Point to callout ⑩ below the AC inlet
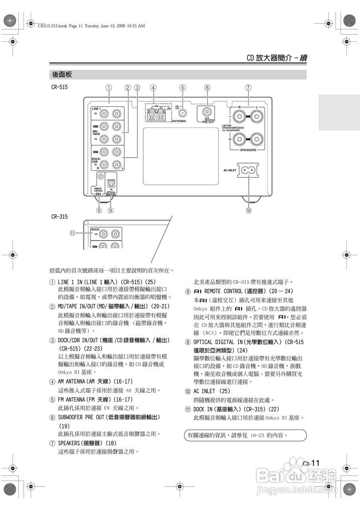tap(249, 210)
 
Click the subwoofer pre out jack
tap(207, 112)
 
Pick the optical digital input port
tap(111, 183)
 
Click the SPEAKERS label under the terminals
tap(248, 150)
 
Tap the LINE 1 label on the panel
tap(96, 109)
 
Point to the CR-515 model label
tap(59, 86)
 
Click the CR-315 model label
tap(59, 216)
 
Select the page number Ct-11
tap(311, 463)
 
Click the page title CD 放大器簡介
tap(270, 58)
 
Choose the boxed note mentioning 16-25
tap(247, 435)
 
